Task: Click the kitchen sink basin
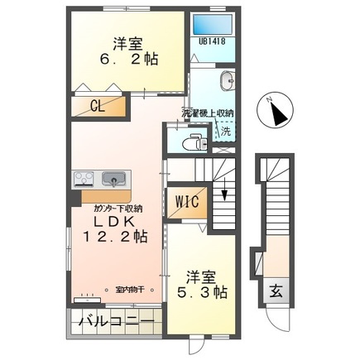point(112,178)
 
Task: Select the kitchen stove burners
point(84,178)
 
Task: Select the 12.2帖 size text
point(115,238)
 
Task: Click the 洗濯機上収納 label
point(208,113)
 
